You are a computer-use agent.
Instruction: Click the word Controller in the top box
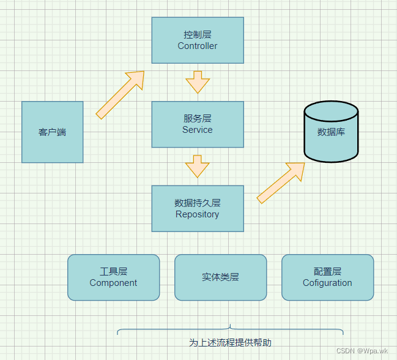197,46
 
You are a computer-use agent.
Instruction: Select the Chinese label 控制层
197,34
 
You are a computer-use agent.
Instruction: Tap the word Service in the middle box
197,130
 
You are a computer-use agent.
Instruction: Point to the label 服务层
197,118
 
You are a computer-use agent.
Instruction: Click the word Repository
197,214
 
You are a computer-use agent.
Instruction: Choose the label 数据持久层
197,203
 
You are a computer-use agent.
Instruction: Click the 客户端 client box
52,132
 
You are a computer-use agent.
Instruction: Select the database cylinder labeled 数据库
331,132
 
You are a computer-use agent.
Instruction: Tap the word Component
113,283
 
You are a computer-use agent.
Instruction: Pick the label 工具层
113,271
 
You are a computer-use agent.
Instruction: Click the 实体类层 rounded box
220,277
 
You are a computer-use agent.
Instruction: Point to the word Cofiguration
327,283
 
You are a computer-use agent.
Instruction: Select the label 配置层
327,271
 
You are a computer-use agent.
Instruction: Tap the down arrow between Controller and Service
198,81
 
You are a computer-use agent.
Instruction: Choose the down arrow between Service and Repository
198,166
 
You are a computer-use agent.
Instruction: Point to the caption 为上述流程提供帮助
230,342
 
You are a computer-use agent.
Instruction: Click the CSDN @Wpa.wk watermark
362,351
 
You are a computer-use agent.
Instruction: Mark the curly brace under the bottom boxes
230,331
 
